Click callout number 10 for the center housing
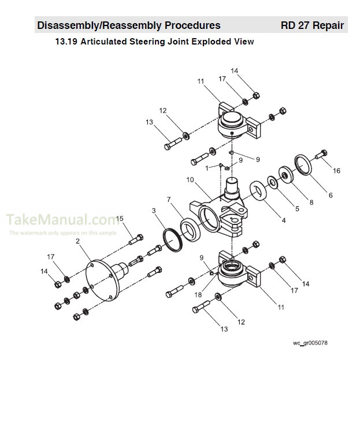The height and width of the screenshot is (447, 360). [x=189, y=180]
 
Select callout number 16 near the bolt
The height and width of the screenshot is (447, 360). [x=337, y=171]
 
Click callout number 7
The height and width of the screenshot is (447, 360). [x=168, y=200]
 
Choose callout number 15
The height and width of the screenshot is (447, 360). [x=120, y=218]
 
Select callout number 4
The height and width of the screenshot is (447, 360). [x=283, y=220]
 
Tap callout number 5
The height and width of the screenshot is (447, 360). [x=297, y=208]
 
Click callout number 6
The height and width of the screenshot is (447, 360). [x=330, y=195]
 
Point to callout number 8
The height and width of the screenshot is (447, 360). [x=311, y=202]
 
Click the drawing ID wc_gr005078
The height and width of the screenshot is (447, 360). [x=310, y=343]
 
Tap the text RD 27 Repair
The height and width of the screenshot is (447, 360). [x=312, y=25]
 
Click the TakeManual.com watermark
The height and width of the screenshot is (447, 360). [x=62, y=220]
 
